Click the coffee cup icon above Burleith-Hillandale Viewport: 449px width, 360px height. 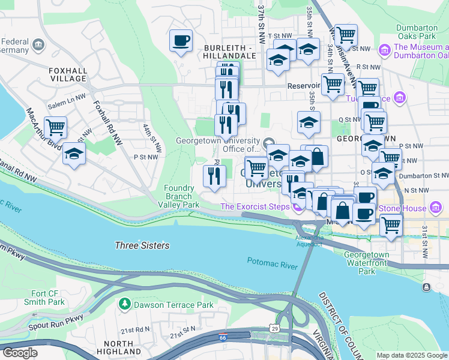[181, 41]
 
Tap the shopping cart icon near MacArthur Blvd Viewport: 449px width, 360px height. [55, 127]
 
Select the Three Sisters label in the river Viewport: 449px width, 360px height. [142, 245]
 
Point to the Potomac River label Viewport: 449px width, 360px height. [273, 262]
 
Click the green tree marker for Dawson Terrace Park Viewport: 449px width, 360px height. [125, 305]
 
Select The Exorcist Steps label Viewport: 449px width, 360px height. [255, 208]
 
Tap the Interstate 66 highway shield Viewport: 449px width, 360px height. [223, 338]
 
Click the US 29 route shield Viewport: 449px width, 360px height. [274, 328]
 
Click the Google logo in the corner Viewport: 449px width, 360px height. [19, 353]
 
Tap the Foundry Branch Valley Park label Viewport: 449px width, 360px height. [178, 196]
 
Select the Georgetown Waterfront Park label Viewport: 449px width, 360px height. [367, 263]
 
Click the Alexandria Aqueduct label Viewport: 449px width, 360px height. [310, 240]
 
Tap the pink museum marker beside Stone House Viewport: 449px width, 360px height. [436, 208]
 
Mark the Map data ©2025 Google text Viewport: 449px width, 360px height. [411, 355]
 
